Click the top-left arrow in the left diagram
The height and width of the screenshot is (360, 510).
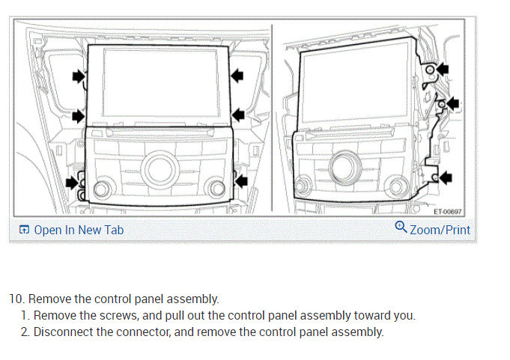click(x=78, y=75)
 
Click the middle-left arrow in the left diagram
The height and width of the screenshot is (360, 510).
click(x=78, y=115)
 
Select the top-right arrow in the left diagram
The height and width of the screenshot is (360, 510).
click(x=238, y=73)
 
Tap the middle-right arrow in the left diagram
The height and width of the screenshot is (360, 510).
click(x=238, y=115)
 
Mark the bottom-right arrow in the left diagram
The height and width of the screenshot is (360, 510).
click(x=240, y=180)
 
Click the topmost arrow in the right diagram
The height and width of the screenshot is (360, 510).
click(x=443, y=69)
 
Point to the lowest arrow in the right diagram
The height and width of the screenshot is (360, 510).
click(x=446, y=177)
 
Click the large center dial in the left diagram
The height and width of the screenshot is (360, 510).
click(x=160, y=168)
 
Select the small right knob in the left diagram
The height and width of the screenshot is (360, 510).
click(x=218, y=186)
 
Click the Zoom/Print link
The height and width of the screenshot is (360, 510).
click(x=440, y=229)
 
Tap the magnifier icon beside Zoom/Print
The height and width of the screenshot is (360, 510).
click(x=401, y=228)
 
